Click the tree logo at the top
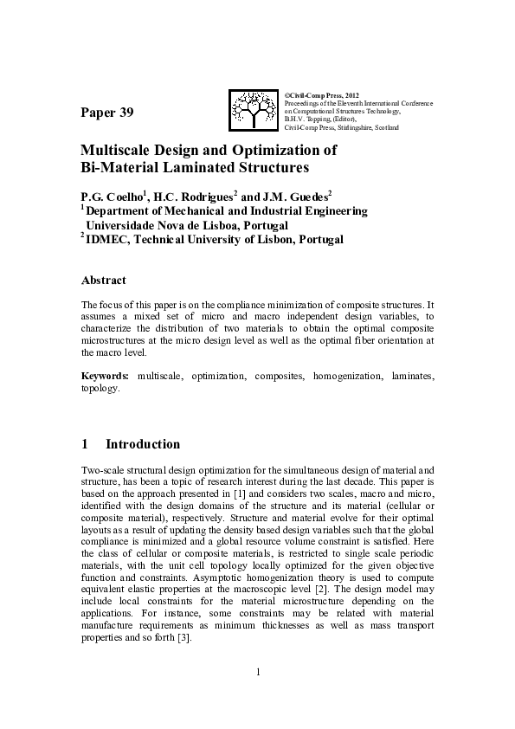click(x=254, y=109)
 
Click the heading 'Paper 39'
click(x=107, y=113)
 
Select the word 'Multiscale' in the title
click(x=115, y=150)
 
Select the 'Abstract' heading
click(x=103, y=280)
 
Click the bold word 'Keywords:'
click(x=105, y=377)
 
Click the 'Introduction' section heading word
click(x=143, y=444)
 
